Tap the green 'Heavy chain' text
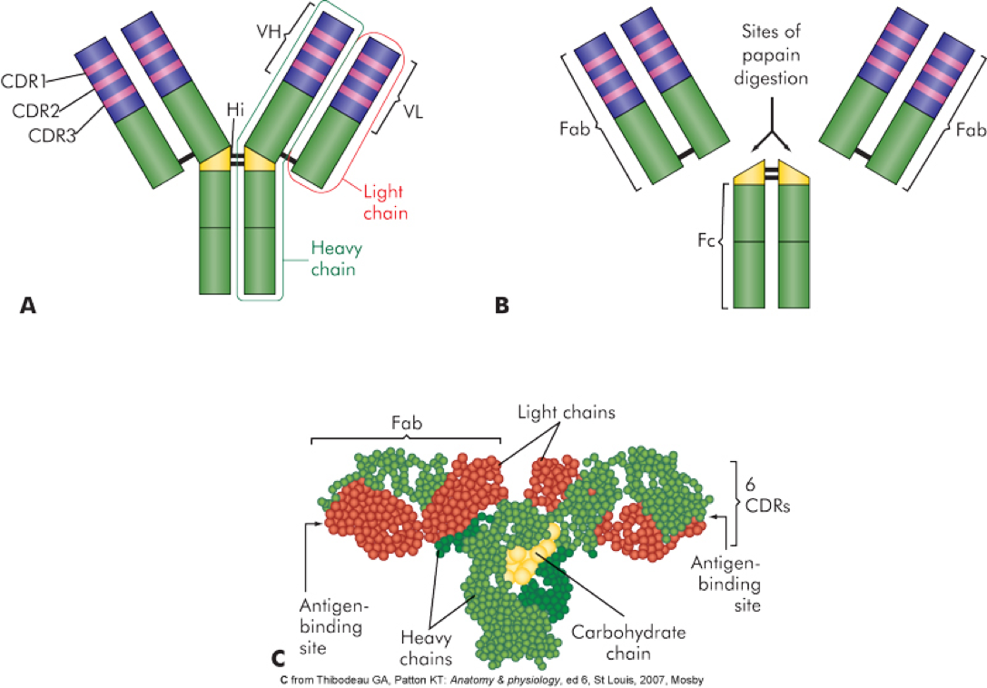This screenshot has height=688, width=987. [x=332, y=257]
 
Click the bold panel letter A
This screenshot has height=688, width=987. [x=27, y=307]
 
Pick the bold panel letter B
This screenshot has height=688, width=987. [x=500, y=307]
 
